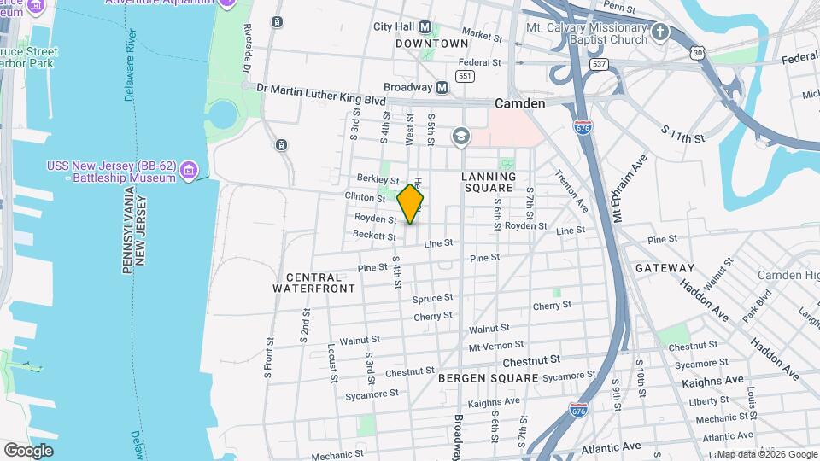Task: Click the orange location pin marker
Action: tap(411, 204)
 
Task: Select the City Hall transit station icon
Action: tap(425, 26)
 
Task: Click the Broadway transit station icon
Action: tap(442, 87)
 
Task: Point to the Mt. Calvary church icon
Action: tap(659, 33)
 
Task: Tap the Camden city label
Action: tap(519, 103)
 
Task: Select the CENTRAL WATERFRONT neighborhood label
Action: tap(313, 283)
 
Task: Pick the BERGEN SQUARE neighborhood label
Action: tap(489, 376)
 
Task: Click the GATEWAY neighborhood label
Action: tap(665, 268)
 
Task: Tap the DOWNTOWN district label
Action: tap(432, 44)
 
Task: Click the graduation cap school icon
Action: tap(461, 137)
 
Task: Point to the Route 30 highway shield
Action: tap(700, 53)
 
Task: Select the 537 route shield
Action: tap(599, 64)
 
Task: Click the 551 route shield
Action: tap(465, 76)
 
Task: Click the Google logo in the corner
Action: tap(28, 450)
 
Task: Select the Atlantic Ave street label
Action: tap(611, 446)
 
